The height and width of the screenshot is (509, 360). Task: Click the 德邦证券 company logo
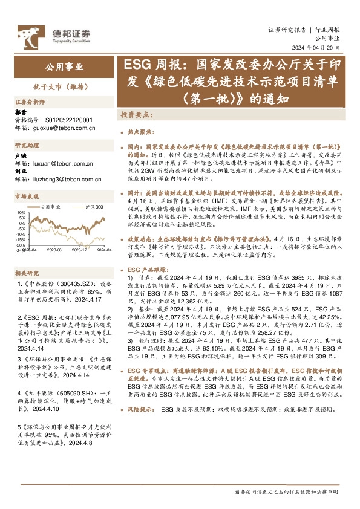click(x=54, y=35)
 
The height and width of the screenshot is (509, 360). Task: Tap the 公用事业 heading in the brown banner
click(x=64, y=66)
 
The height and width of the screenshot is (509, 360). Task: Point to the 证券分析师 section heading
click(x=30, y=102)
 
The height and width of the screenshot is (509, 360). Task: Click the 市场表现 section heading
click(x=27, y=196)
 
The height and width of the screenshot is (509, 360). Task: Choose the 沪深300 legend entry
click(x=95, y=207)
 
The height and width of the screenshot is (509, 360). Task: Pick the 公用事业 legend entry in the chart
click(x=51, y=207)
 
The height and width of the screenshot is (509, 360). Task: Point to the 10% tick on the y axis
click(x=21, y=212)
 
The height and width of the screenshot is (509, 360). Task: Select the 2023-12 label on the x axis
click(x=80, y=248)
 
